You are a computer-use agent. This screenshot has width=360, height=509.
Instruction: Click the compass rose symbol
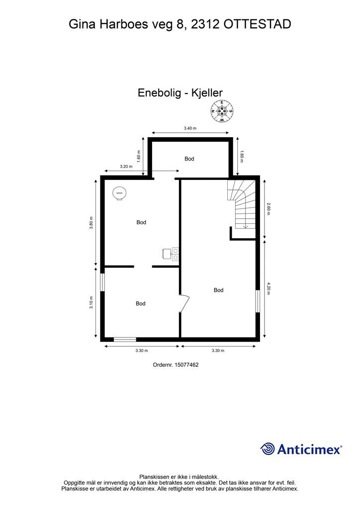pos(222,111)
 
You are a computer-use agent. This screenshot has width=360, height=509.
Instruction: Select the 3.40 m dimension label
pos(190,128)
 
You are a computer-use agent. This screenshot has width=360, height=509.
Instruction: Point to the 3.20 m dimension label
pos(126,167)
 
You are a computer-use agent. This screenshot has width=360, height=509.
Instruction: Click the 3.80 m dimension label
pos(91,222)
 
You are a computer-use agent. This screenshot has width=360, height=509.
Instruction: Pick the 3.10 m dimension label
pos(91,303)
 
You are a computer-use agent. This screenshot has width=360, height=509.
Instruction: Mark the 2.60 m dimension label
pos(269,208)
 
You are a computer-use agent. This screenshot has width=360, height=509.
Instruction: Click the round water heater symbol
pos(119,193)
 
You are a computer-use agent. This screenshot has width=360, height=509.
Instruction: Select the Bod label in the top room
pos(189,159)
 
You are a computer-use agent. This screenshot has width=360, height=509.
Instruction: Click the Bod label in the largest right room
pos(218,290)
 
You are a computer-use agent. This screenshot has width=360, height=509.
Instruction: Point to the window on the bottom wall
pos(125,339)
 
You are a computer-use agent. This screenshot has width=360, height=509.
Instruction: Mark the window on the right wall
pos(258,301)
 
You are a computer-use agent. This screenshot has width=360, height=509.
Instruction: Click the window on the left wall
pos(102,282)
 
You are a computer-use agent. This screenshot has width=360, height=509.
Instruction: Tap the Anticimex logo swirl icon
pos(268,448)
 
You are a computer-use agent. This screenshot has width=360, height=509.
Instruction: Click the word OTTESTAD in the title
pos(257,24)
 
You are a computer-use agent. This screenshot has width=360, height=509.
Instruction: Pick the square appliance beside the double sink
pos(167,254)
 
